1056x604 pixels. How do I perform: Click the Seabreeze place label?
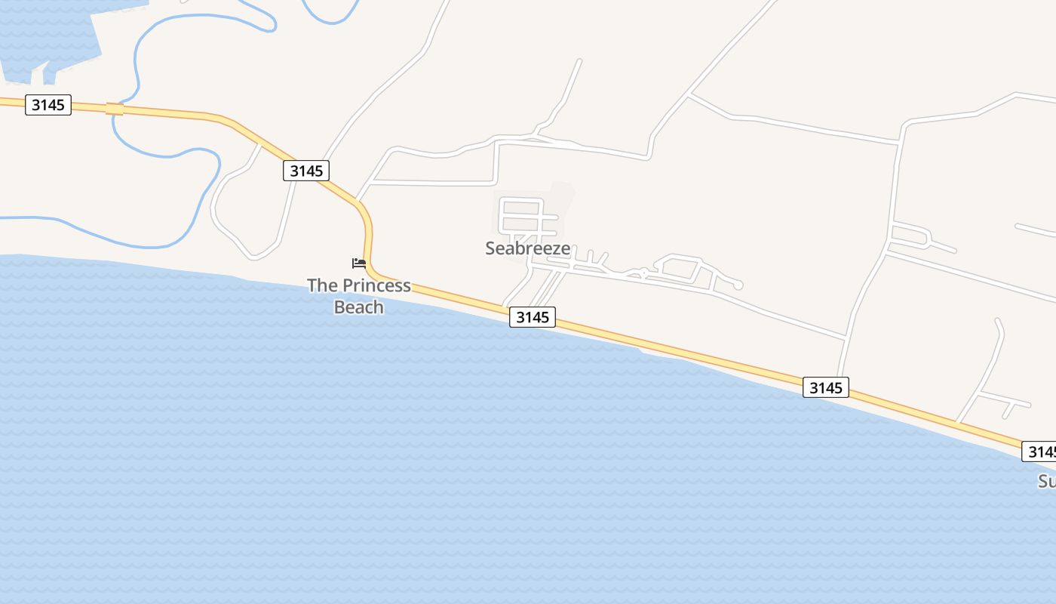(527, 248)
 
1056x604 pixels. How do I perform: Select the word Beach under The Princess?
(358, 307)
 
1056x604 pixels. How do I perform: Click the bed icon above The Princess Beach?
(359, 263)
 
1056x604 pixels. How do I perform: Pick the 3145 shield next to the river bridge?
(48, 105)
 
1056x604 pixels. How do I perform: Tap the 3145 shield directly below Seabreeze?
(533, 317)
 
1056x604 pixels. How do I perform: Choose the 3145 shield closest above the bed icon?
(306, 171)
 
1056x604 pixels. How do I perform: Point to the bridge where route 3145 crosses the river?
(115, 109)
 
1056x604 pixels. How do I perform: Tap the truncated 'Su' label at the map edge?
(1047, 482)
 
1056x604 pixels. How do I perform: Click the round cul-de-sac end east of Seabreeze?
(738, 285)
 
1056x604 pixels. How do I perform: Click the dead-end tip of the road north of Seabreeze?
(579, 60)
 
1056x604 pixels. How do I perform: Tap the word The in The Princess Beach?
(322, 285)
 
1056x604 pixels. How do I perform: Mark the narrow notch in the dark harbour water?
(38, 75)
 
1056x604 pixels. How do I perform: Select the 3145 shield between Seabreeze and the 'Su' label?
(825, 388)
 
